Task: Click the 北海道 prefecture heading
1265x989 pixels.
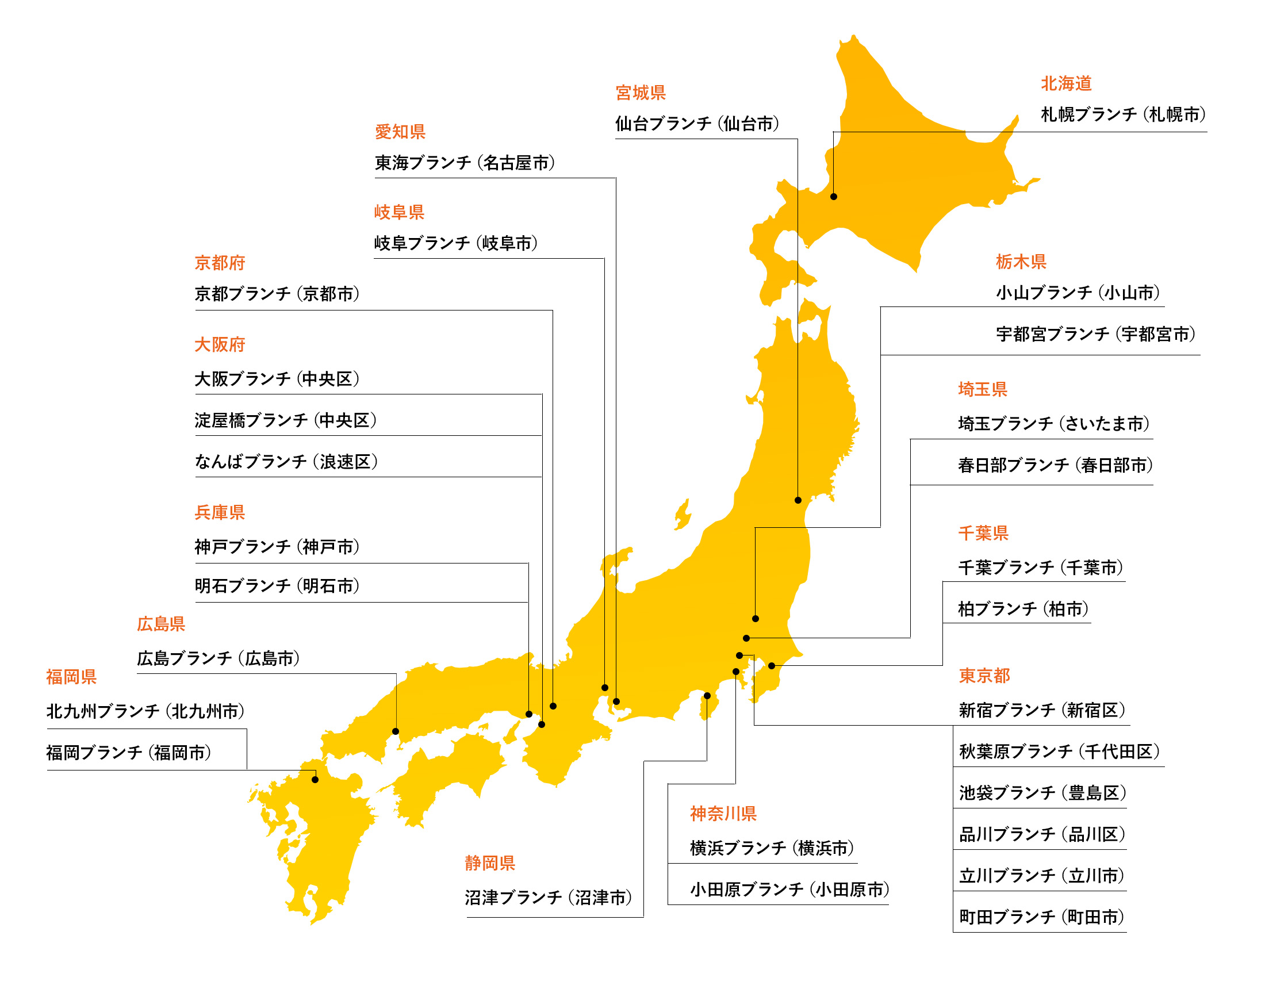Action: (1065, 83)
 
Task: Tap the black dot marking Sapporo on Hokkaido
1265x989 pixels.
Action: (834, 197)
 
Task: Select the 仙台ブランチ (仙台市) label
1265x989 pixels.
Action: (697, 124)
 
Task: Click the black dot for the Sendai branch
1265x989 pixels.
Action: (798, 500)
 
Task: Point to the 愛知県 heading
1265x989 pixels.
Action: (400, 132)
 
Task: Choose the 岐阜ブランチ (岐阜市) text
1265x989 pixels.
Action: (456, 243)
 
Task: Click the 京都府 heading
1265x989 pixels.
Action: (220, 263)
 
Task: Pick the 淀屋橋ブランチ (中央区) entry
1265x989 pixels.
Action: (286, 420)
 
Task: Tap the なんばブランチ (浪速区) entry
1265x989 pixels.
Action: (286, 462)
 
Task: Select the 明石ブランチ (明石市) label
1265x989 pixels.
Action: (277, 586)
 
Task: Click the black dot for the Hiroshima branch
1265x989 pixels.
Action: (396, 731)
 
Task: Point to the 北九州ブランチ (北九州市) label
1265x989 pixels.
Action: (145, 711)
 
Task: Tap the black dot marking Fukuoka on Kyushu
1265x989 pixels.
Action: (315, 780)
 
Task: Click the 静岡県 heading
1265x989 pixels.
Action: (489, 863)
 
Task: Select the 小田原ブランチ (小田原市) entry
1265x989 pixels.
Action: (789, 890)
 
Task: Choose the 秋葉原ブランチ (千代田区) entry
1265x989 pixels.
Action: (1059, 752)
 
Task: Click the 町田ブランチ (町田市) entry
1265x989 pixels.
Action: (1041, 917)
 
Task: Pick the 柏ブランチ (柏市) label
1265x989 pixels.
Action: (1023, 609)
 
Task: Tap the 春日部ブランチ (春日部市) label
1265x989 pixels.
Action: (1055, 465)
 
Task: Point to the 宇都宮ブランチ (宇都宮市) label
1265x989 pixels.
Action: (1095, 334)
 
